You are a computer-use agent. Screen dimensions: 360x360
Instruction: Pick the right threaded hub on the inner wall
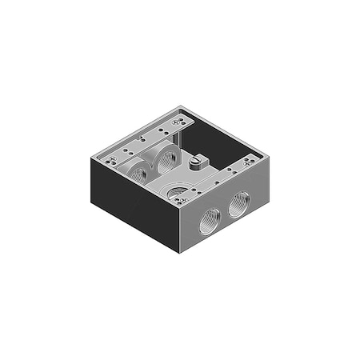[x=166, y=158]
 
